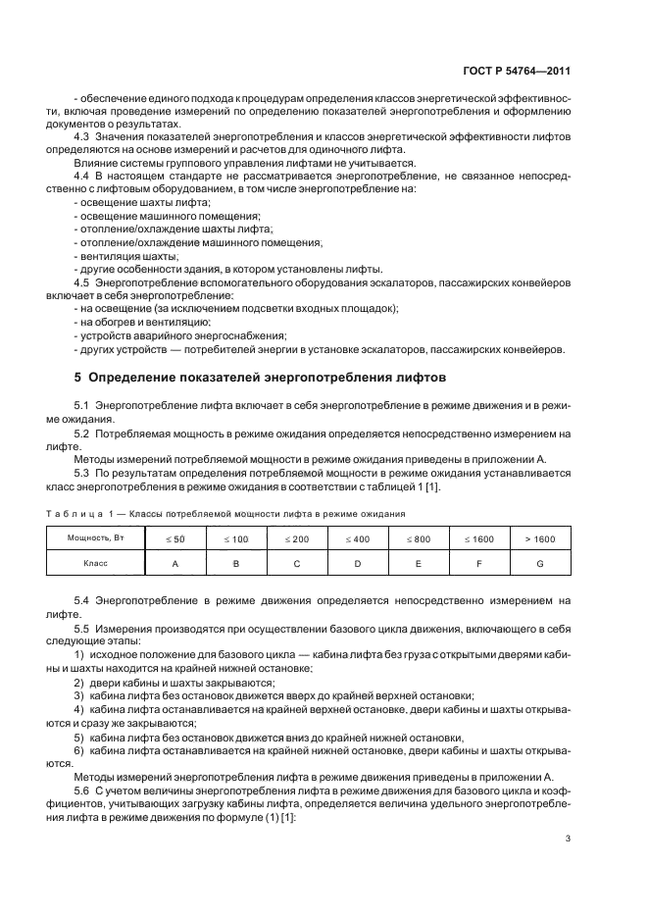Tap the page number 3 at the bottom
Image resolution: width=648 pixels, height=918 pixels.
coord(569,839)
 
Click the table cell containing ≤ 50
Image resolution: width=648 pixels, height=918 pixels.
coord(174,538)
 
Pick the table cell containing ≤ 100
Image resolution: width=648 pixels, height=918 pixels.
coord(235,538)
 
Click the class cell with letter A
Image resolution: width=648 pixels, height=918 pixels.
coord(174,563)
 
